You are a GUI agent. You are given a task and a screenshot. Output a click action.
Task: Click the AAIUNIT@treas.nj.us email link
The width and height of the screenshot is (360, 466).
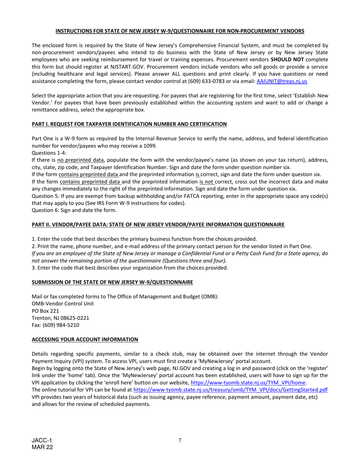(282, 81)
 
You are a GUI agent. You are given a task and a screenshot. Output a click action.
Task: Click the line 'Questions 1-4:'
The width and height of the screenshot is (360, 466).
(49, 153)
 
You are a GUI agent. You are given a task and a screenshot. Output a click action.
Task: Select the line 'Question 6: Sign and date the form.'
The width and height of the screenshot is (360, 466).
(74, 210)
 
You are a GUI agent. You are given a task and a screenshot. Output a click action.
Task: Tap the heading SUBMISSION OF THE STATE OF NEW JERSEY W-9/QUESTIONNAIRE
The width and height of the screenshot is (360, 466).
(112, 282)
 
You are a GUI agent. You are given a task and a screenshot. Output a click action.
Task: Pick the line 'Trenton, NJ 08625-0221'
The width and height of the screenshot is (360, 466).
(60, 318)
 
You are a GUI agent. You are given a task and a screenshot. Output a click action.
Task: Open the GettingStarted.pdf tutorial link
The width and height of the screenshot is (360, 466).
(231, 389)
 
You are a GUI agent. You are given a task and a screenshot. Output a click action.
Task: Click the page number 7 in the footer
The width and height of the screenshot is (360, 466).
(180, 440)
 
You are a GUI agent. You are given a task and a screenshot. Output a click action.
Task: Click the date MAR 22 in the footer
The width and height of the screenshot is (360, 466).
(42, 447)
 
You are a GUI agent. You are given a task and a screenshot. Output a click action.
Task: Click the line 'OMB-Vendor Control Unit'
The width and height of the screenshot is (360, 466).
(63, 303)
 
